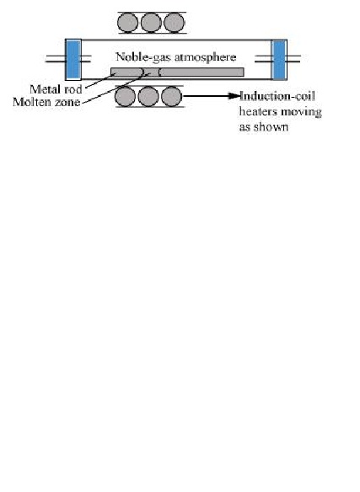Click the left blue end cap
click(x=73, y=59)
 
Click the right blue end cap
click(x=279, y=59)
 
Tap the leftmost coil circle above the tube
click(x=127, y=23)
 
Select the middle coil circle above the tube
click(x=151, y=23)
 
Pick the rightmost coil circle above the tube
click(x=175, y=23)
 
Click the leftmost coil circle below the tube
click(x=125, y=96)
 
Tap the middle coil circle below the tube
click(x=148, y=96)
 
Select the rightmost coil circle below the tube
click(x=171, y=96)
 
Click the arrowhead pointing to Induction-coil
click(x=234, y=96)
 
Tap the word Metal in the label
click(x=45, y=89)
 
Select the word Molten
click(x=31, y=102)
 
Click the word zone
click(x=67, y=102)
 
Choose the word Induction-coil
click(x=277, y=96)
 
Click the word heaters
click(x=258, y=111)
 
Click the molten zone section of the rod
click(x=152, y=72)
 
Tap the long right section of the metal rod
click(x=201, y=72)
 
